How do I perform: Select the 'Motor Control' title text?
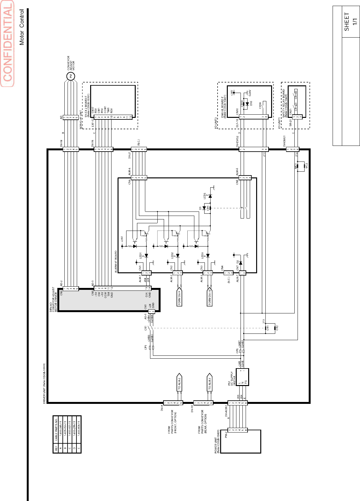coord(22,27)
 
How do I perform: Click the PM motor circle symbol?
coord(71,76)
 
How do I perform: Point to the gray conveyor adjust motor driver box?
coord(108,300)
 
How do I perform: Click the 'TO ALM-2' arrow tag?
coord(179,382)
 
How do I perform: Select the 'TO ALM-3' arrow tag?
coord(209,382)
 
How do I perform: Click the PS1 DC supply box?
coord(242,377)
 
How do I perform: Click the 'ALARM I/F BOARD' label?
coord(116,261)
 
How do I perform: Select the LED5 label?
coord(205,196)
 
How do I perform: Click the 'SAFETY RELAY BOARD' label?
coord(284,104)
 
